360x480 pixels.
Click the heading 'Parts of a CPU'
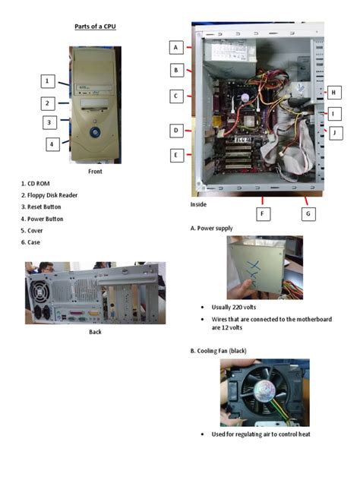pos(95,27)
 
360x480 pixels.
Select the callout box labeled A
pos(175,47)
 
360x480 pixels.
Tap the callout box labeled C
pos(175,96)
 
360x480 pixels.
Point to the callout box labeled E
pos(175,155)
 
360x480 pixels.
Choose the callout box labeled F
pos(263,213)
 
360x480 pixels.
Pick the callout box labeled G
pos(308,213)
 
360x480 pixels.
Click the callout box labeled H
pos(333,92)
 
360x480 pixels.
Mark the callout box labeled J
pos(334,132)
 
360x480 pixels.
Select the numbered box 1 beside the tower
pos(47,81)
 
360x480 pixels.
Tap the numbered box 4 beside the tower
pos(52,144)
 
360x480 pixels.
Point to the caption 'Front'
pos(95,171)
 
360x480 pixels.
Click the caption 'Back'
pos(95,331)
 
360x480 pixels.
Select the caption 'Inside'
pos(198,204)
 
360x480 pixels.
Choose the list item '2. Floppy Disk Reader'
pos(49,195)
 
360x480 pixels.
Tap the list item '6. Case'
pos(30,242)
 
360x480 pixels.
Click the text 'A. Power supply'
pos(212,228)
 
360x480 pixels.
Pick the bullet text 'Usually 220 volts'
pos(232,307)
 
